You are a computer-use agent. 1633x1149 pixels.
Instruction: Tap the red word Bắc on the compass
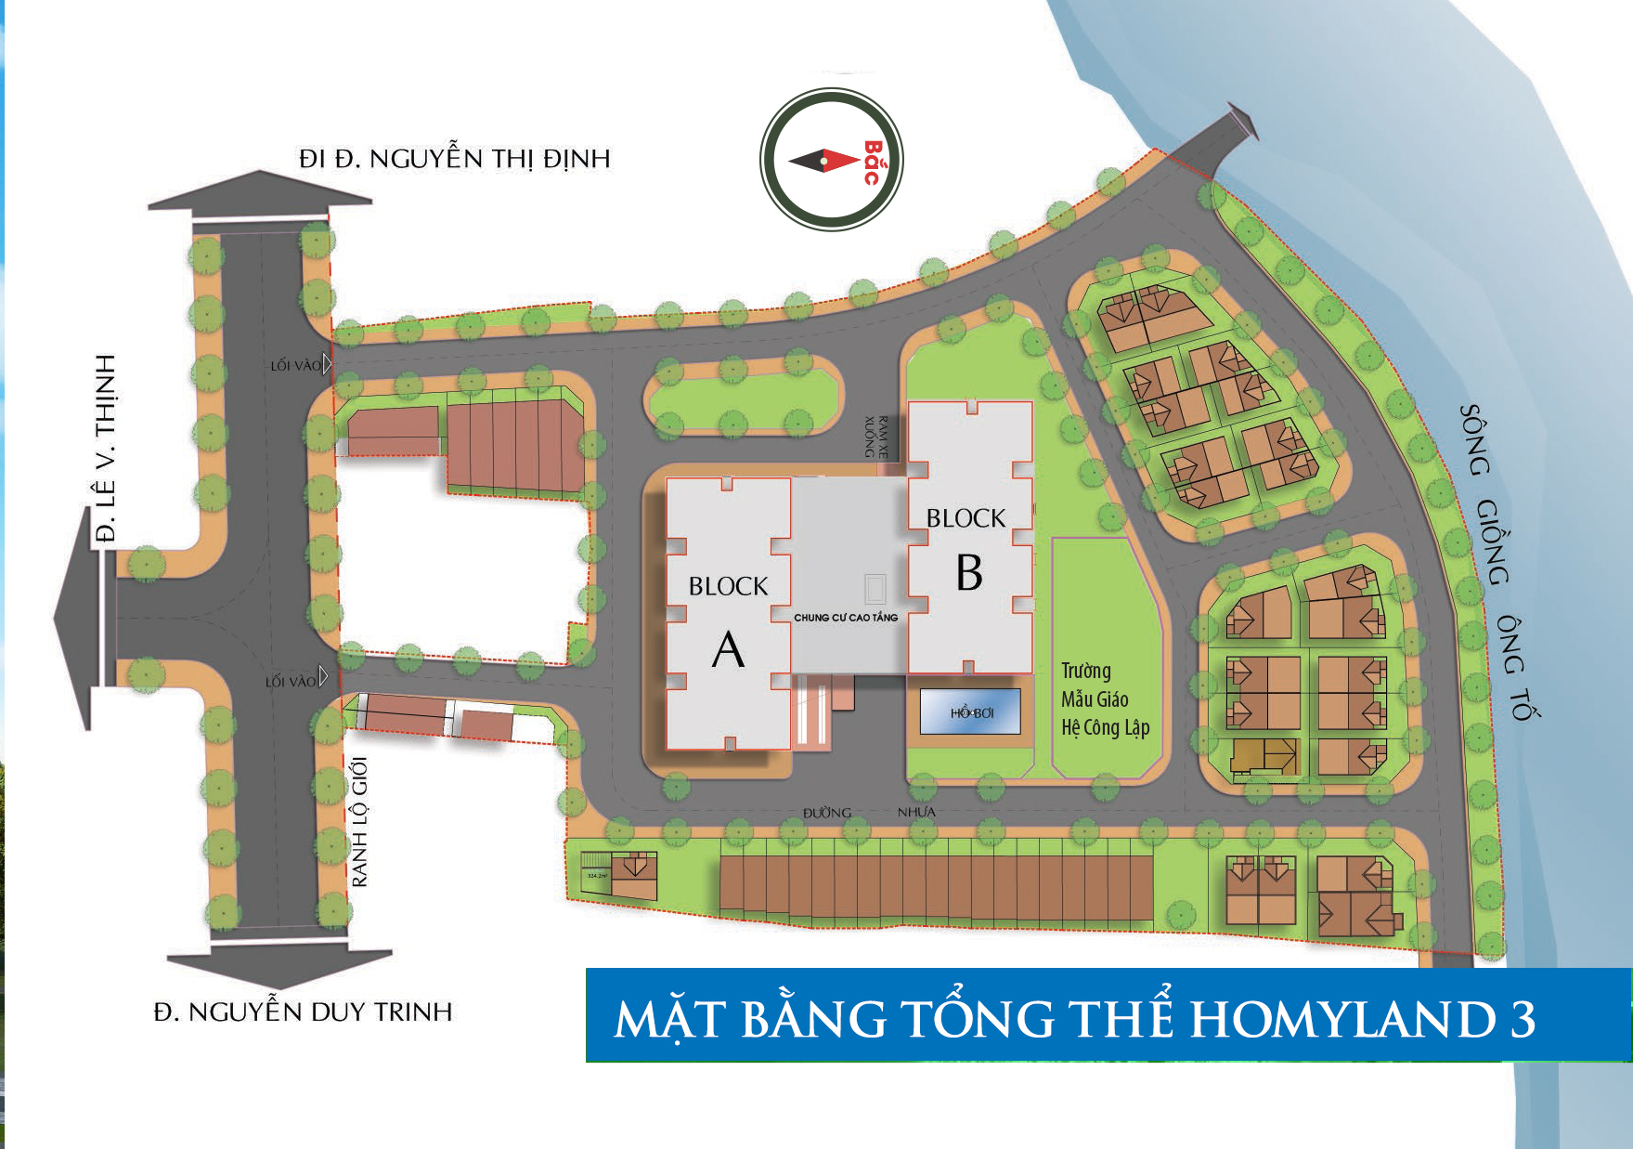[872, 163]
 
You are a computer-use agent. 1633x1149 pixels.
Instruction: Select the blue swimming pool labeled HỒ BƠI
[971, 712]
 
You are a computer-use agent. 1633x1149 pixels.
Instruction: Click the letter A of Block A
[729, 649]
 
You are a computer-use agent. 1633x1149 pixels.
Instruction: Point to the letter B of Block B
[969, 573]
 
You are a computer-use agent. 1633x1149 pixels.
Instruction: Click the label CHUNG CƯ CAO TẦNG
[846, 618]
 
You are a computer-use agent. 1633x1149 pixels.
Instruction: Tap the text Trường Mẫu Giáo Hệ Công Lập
[1105, 699]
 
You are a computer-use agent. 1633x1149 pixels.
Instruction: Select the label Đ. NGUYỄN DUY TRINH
[303, 1012]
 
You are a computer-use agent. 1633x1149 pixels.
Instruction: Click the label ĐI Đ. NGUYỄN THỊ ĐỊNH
[454, 159]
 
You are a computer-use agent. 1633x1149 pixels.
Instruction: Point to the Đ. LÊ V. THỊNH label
[107, 448]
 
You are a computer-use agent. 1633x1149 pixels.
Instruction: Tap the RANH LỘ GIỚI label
[360, 821]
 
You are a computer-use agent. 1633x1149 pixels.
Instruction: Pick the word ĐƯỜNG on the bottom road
[827, 813]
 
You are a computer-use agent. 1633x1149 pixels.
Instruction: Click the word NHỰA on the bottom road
[916, 813]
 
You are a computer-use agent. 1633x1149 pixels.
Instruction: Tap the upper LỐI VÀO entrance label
[295, 366]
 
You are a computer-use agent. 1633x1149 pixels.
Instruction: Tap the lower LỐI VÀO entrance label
[291, 682]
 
